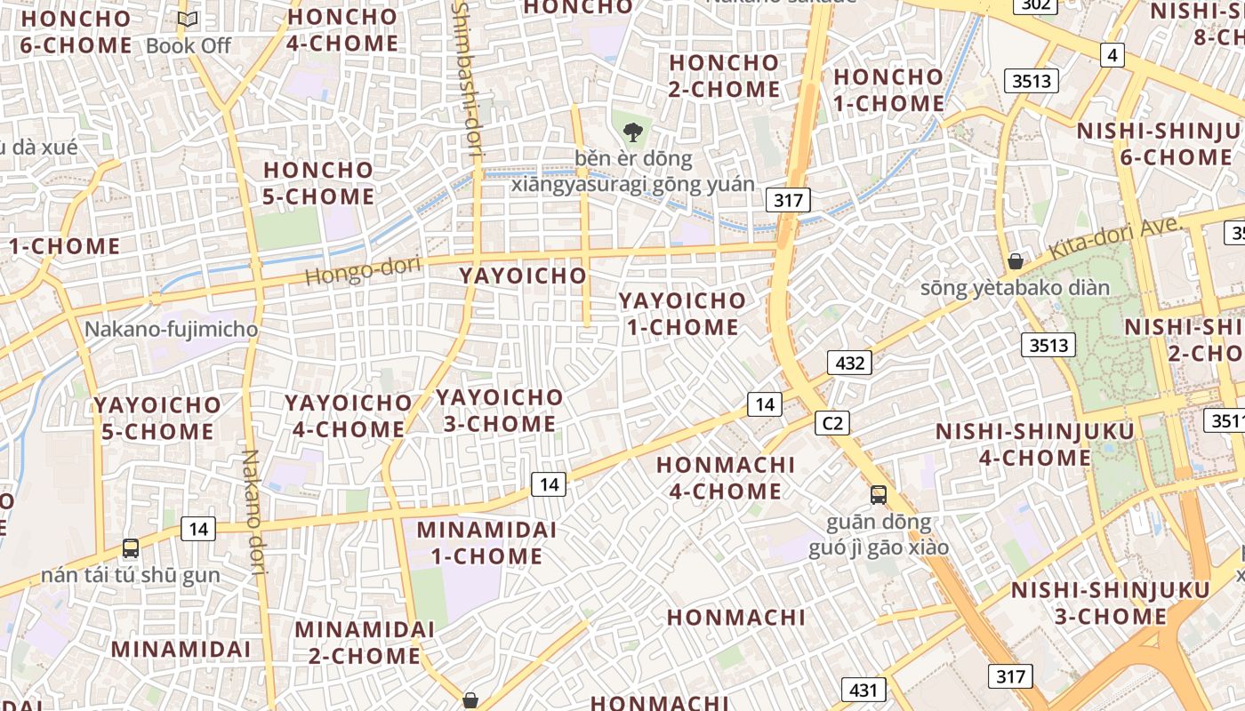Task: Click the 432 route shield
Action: [x=849, y=363]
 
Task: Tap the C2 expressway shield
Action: [x=832, y=423]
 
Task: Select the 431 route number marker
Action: [x=862, y=690]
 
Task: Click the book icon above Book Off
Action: [x=188, y=20]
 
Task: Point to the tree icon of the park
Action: [x=632, y=132]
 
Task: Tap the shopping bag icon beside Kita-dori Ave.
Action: [x=1015, y=261]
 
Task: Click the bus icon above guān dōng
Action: [x=878, y=495]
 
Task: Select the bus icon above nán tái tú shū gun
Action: [x=131, y=548]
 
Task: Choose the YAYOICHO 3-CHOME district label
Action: [x=500, y=411]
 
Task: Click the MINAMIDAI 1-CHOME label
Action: [x=486, y=543]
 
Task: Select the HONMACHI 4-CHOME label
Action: [x=726, y=477]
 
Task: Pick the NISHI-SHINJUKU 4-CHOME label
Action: [x=1035, y=444]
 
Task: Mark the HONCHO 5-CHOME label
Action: [x=318, y=182]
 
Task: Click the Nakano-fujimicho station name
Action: [x=171, y=330]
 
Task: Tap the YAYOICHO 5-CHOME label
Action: [x=157, y=418]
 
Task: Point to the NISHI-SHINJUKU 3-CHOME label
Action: [x=1110, y=603]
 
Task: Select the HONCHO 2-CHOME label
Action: [x=724, y=76]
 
